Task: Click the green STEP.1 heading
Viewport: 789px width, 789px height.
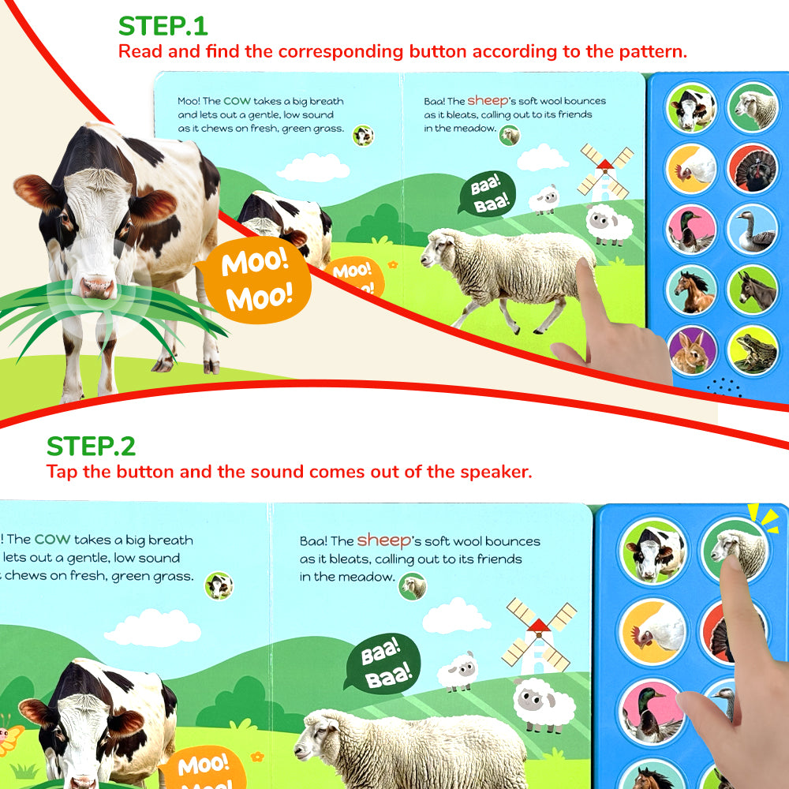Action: coord(163,26)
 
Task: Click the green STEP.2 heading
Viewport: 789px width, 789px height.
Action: coord(91,447)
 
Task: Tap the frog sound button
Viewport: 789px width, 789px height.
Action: coord(752,350)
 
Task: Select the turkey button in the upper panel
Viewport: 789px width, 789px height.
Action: coord(752,167)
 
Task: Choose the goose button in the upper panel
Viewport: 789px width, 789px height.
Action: coord(752,229)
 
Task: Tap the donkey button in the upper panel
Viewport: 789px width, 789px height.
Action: coord(752,290)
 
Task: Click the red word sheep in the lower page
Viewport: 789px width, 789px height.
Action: coord(384,540)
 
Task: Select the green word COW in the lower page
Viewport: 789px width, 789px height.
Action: coord(52,540)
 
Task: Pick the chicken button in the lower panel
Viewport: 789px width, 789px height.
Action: coord(653,629)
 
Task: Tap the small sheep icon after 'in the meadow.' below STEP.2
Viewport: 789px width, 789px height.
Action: coord(412,585)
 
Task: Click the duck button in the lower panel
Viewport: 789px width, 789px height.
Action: coord(653,711)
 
